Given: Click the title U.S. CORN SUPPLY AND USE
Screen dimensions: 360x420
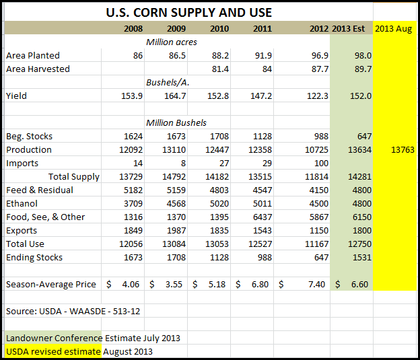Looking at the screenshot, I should tap(189, 13).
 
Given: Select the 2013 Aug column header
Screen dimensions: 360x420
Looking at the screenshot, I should tap(394, 28).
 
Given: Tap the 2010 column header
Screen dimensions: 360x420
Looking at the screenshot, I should tap(219, 28).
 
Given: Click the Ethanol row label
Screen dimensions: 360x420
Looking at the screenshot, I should tap(22, 203).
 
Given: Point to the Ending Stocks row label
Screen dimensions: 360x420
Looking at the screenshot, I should tap(34, 257).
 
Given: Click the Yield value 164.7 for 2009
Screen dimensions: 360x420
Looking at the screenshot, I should tap(174, 96).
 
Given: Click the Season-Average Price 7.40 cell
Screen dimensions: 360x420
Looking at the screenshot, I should tap(317, 284).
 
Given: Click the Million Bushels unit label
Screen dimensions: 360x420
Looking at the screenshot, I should tap(176, 122).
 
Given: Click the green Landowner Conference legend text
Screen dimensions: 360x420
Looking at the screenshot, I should tap(54, 338).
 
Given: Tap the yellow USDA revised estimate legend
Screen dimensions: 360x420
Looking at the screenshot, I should tap(53, 351).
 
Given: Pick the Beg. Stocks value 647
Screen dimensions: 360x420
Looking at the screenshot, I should tap(363, 136).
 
